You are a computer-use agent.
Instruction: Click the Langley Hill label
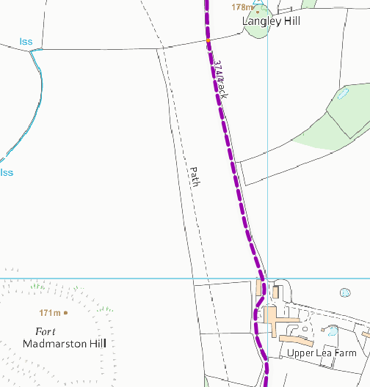coord(272,22)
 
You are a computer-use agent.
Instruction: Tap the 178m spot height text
coord(242,7)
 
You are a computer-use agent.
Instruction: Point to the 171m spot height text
coord(49,312)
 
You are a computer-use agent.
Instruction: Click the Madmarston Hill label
coord(65,344)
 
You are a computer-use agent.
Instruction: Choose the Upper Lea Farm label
coord(322,353)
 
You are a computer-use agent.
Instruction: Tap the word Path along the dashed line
coord(195,177)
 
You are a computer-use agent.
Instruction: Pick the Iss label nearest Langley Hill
coord(26,41)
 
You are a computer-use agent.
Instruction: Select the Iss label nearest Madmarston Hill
coord(7,173)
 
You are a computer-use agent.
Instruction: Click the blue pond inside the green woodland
coord(343,94)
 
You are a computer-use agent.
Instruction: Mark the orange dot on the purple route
coord(208,40)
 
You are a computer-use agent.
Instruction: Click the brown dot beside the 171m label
coord(66,312)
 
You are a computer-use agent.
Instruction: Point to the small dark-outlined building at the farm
coord(275,292)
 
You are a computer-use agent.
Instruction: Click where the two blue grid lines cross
coord(268,279)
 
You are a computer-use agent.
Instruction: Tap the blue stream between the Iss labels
coord(32,110)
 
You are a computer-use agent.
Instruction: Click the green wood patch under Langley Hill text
coord(256,33)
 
